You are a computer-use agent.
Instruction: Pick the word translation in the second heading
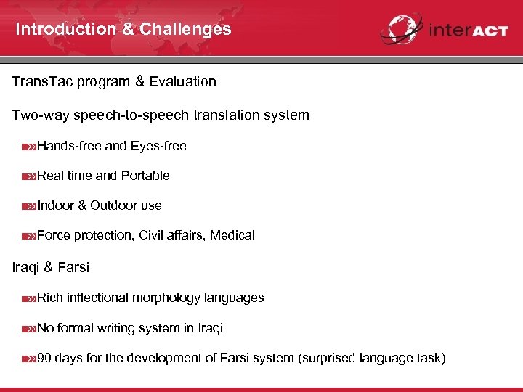(235, 115)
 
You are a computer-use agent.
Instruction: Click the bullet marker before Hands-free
(28, 147)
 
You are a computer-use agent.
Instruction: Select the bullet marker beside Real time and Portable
(28, 176)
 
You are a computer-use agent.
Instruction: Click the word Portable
(145, 176)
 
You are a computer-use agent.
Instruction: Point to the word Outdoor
(114, 205)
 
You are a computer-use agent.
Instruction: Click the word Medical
(232, 235)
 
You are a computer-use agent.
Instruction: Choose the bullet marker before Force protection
(28, 236)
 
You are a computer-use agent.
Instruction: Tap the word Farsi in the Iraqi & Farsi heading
(73, 267)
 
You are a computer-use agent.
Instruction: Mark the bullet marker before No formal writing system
(28, 329)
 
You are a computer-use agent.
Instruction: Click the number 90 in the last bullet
(44, 358)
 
